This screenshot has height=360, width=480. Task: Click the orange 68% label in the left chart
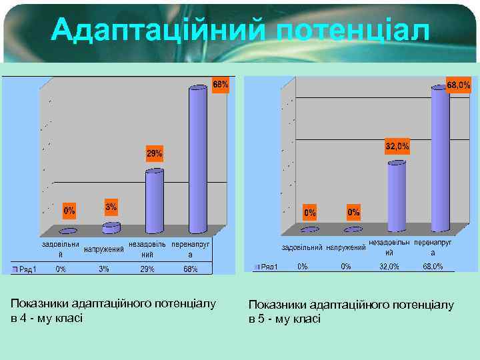[x=220, y=85]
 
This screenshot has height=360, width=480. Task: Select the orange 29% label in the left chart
[x=155, y=154]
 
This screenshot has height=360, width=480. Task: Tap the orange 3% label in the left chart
[x=111, y=207]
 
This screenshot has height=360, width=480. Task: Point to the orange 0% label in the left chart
[x=69, y=211]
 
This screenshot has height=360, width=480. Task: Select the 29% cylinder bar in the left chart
[x=155, y=200]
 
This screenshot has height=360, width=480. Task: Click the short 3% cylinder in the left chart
[x=111, y=228]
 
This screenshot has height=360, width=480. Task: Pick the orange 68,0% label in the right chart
[x=458, y=85]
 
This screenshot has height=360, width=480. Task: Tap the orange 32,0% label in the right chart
[x=397, y=146]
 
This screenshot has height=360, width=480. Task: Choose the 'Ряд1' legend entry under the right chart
[x=267, y=267]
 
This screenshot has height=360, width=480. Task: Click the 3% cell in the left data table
[x=103, y=269]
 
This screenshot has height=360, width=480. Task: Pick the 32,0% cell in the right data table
[x=389, y=267]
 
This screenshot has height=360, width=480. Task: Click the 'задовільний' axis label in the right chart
[x=302, y=248]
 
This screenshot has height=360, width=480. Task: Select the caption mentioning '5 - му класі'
[x=351, y=312]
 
